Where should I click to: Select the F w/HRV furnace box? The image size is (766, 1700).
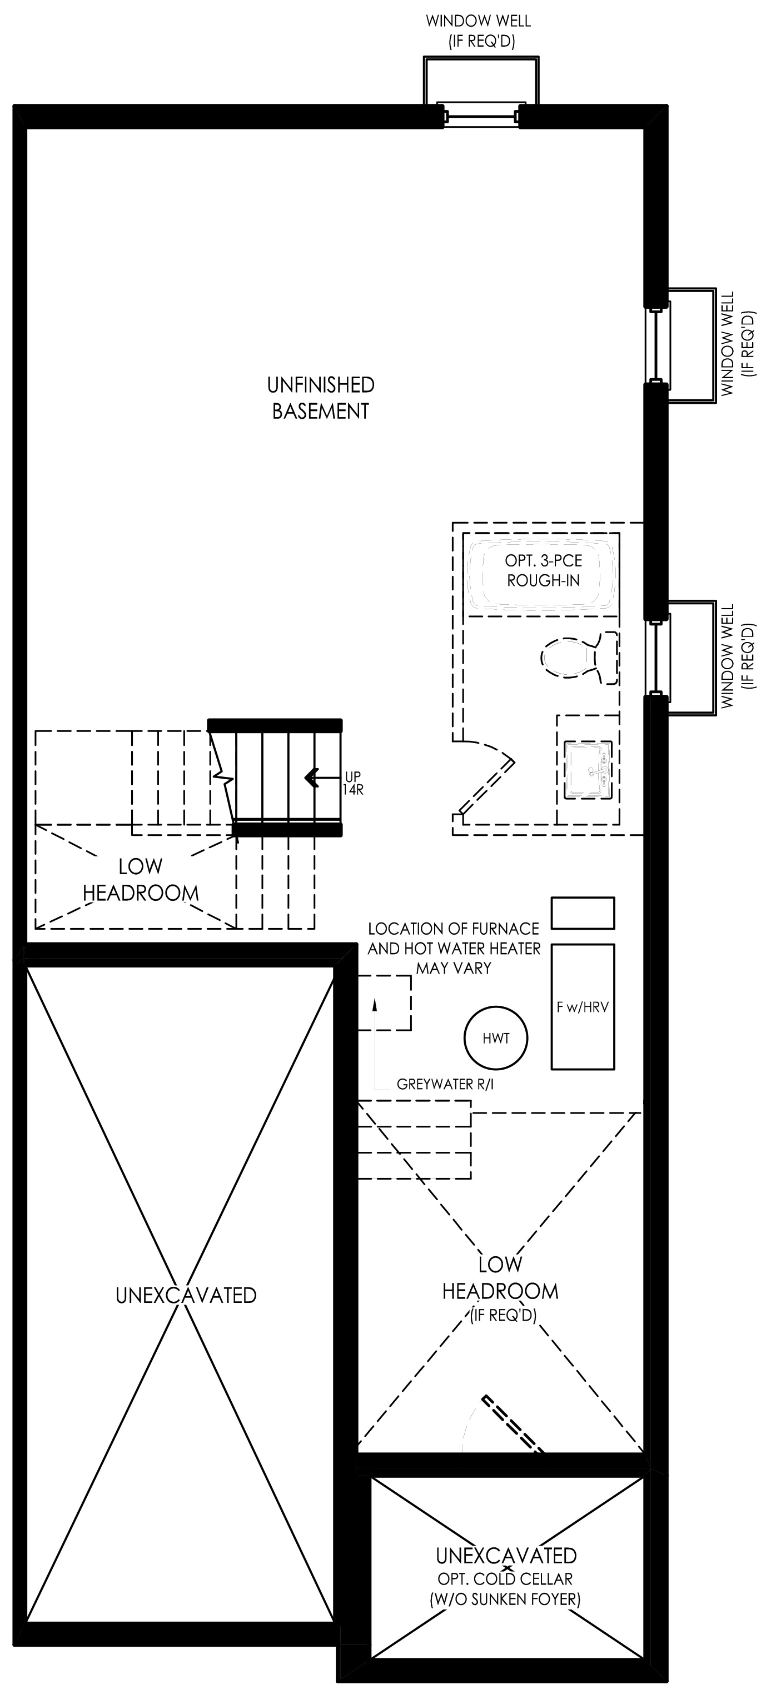tap(583, 1006)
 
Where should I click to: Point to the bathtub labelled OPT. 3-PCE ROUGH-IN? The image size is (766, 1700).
tap(541, 571)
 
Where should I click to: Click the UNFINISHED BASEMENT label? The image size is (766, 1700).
tap(321, 398)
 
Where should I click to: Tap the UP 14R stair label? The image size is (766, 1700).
tap(354, 783)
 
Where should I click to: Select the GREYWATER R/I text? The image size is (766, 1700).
tap(445, 1084)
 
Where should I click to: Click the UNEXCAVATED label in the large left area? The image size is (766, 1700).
tap(186, 1296)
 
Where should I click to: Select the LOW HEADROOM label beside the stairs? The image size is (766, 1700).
tap(141, 880)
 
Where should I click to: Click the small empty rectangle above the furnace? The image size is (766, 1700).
tap(583, 912)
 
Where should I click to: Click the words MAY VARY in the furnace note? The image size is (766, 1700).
tap(454, 968)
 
